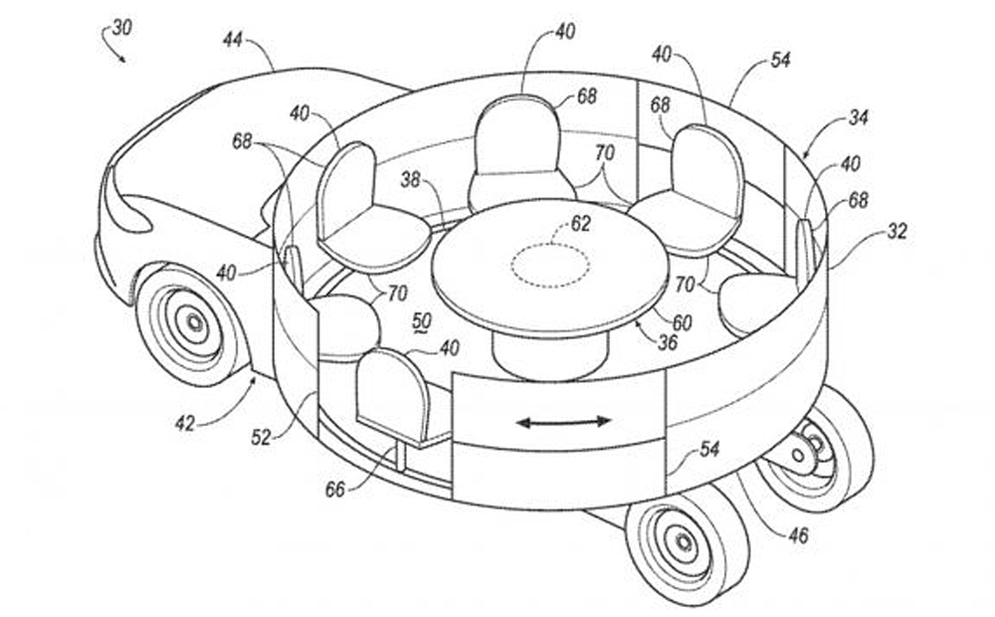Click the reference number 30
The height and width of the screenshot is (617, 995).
tap(122, 28)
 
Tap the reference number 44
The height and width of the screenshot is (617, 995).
tap(233, 40)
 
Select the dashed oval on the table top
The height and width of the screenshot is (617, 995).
tap(550, 266)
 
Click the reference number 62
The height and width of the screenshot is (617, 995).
tap(581, 224)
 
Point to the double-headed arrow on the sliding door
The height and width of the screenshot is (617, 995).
tap(563, 421)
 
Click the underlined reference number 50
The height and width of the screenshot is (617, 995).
tap(421, 322)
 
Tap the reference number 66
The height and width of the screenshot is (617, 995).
tap(336, 489)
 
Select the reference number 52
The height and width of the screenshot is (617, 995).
tap(262, 437)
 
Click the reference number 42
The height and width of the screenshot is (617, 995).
tap(185, 423)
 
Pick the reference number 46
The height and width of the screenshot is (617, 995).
tap(798, 535)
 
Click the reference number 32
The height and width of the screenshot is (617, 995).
tap(896, 232)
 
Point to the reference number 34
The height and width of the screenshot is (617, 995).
tap(859, 117)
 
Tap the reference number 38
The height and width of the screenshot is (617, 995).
tap(411, 180)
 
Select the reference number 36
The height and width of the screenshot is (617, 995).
tap(668, 342)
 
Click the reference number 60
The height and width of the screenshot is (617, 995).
tap(682, 323)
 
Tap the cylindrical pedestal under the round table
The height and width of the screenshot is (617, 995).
tap(549, 355)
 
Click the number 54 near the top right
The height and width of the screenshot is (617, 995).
tap(780, 61)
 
